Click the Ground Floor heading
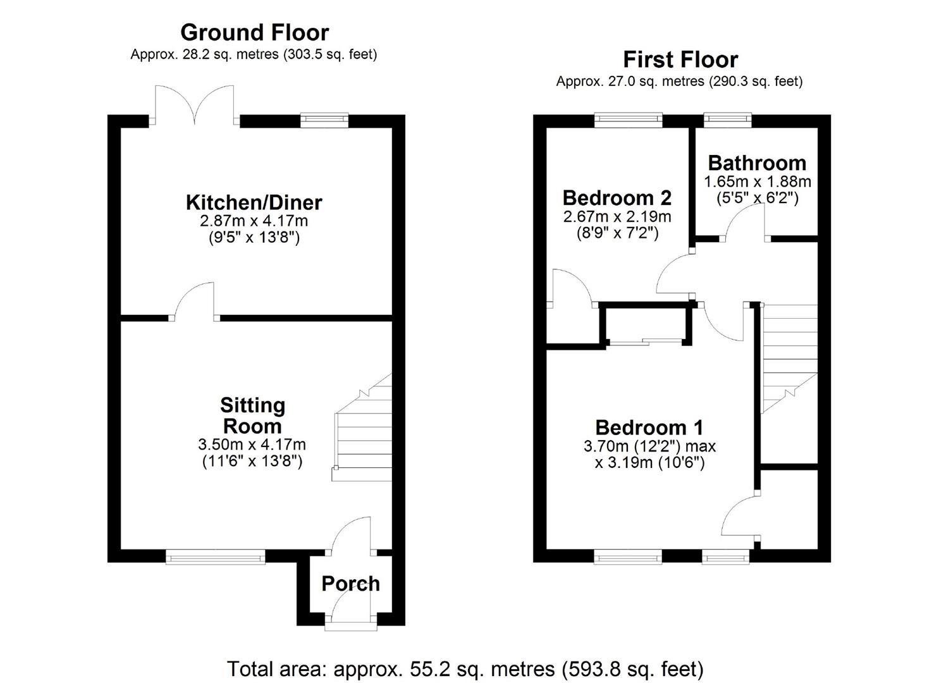(x=254, y=32)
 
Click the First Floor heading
(x=680, y=59)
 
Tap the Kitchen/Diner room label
(x=254, y=202)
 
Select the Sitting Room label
(x=252, y=415)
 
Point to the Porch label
(x=350, y=583)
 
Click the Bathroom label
(x=757, y=163)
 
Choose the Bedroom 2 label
(x=617, y=198)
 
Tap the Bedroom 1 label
(x=649, y=428)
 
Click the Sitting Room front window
(x=216, y=557)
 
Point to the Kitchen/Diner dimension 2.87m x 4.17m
(x=254, y=221)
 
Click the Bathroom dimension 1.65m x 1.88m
(x=757, y=182)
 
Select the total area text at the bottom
(x=465, y=668)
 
